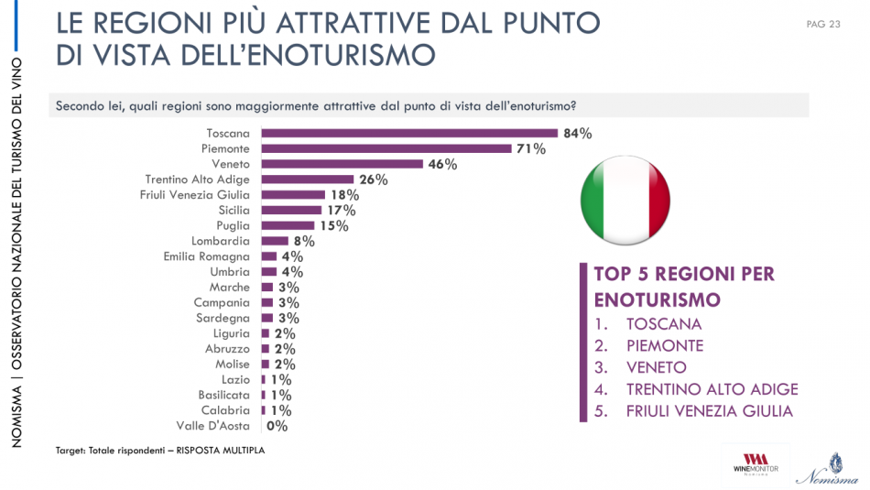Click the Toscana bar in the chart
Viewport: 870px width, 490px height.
(409, 133)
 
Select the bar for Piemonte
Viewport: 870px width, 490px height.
(386, 148)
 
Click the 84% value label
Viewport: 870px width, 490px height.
(578, 134)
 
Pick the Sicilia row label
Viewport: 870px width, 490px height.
(229, 211)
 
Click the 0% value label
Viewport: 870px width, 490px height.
(277, 426)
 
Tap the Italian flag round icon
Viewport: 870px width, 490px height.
(625, 201)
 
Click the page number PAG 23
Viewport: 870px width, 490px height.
(823, 25)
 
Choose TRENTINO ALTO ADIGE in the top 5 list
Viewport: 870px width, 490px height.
(712, 389)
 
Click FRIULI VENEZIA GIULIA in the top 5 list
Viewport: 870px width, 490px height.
(709, 411)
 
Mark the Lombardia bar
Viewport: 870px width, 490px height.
(275, 242)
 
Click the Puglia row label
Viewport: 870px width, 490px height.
(231, 226)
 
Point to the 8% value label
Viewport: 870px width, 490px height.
(303, 242)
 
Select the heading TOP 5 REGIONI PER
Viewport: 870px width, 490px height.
(684, 274)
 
